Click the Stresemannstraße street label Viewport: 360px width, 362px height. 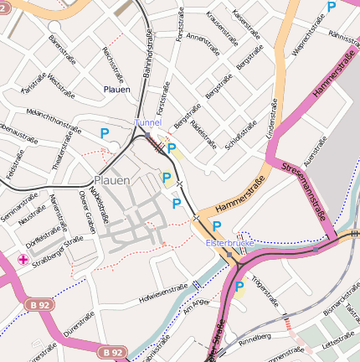pos(304,189)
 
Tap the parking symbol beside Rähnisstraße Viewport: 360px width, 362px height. pos(332,7)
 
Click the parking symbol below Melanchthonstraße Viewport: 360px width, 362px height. pos(105,133)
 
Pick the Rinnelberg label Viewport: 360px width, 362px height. pos(255,341)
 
